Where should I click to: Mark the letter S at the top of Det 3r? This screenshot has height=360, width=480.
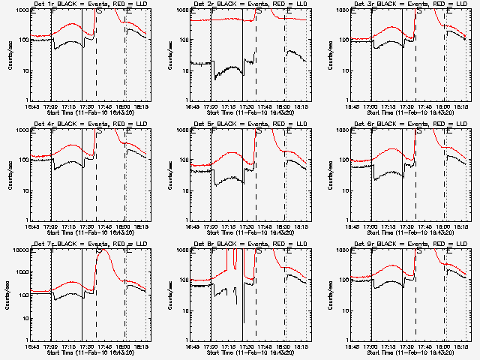click(x=419, y=12)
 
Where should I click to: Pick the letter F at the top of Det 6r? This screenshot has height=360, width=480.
click(x=373, y=132)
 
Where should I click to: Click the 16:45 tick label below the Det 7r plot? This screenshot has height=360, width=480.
click(x=34, y=346)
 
